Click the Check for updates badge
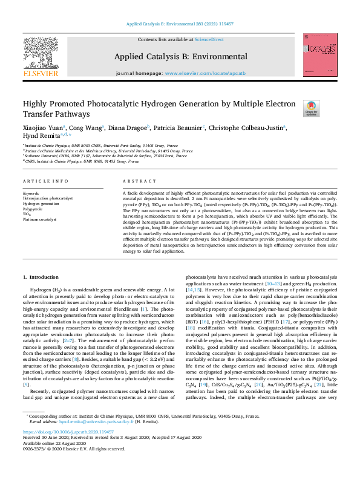(x=327, y=108)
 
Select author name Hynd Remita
(x=39, y=136)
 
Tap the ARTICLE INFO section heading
(x=45, y=181)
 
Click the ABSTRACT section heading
(x=136, y=181)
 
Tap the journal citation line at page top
(x=180, y=24)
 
